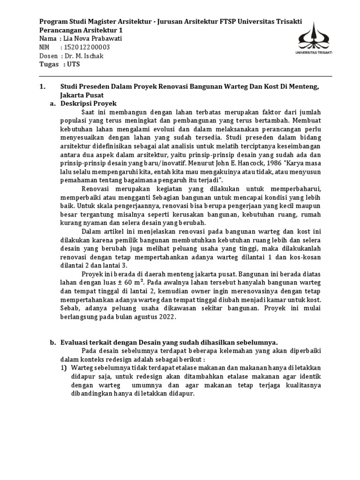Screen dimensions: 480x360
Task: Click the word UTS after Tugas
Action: (74, 64)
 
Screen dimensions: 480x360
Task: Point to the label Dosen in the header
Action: (49, 56)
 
